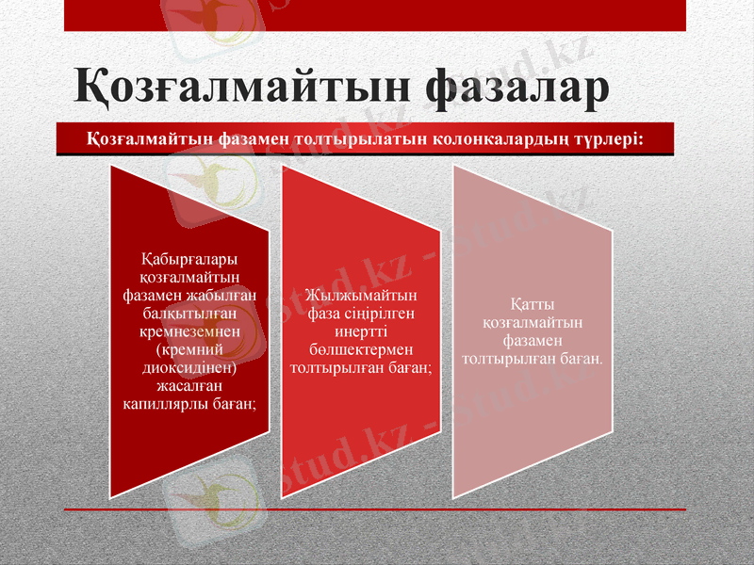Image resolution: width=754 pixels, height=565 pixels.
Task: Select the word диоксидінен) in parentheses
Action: click(189, 368)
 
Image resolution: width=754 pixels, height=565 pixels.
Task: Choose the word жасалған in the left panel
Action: click(189, 386)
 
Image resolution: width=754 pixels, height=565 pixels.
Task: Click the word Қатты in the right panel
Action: click(533, 304)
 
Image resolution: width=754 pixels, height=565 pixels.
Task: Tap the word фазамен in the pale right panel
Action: click(533, 340)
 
